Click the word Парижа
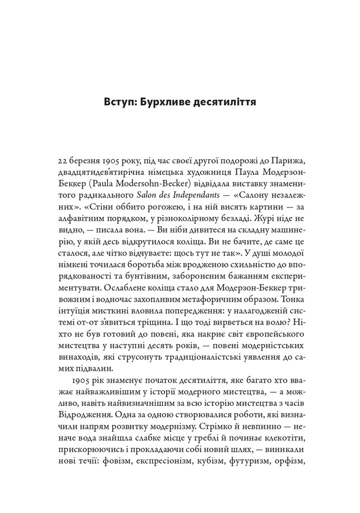click(x=287, y=163)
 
